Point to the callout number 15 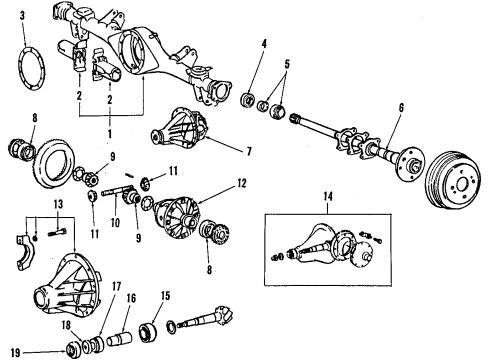click(165, 297)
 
